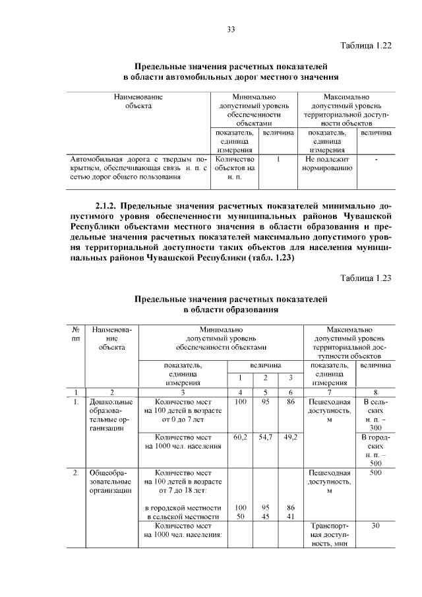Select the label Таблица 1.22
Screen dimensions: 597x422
[366, 46]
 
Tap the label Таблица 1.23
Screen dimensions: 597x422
[366, 278]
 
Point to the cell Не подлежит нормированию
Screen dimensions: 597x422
[326, 164]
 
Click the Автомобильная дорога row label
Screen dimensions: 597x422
[138, 168]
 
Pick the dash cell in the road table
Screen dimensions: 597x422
[376, 160]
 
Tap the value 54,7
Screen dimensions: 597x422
[265, 437]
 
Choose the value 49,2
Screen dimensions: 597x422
[290, 437]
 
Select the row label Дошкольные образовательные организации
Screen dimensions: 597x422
[111, 414]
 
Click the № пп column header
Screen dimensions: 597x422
[76, 333]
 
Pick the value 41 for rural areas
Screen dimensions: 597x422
[290, 517]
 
